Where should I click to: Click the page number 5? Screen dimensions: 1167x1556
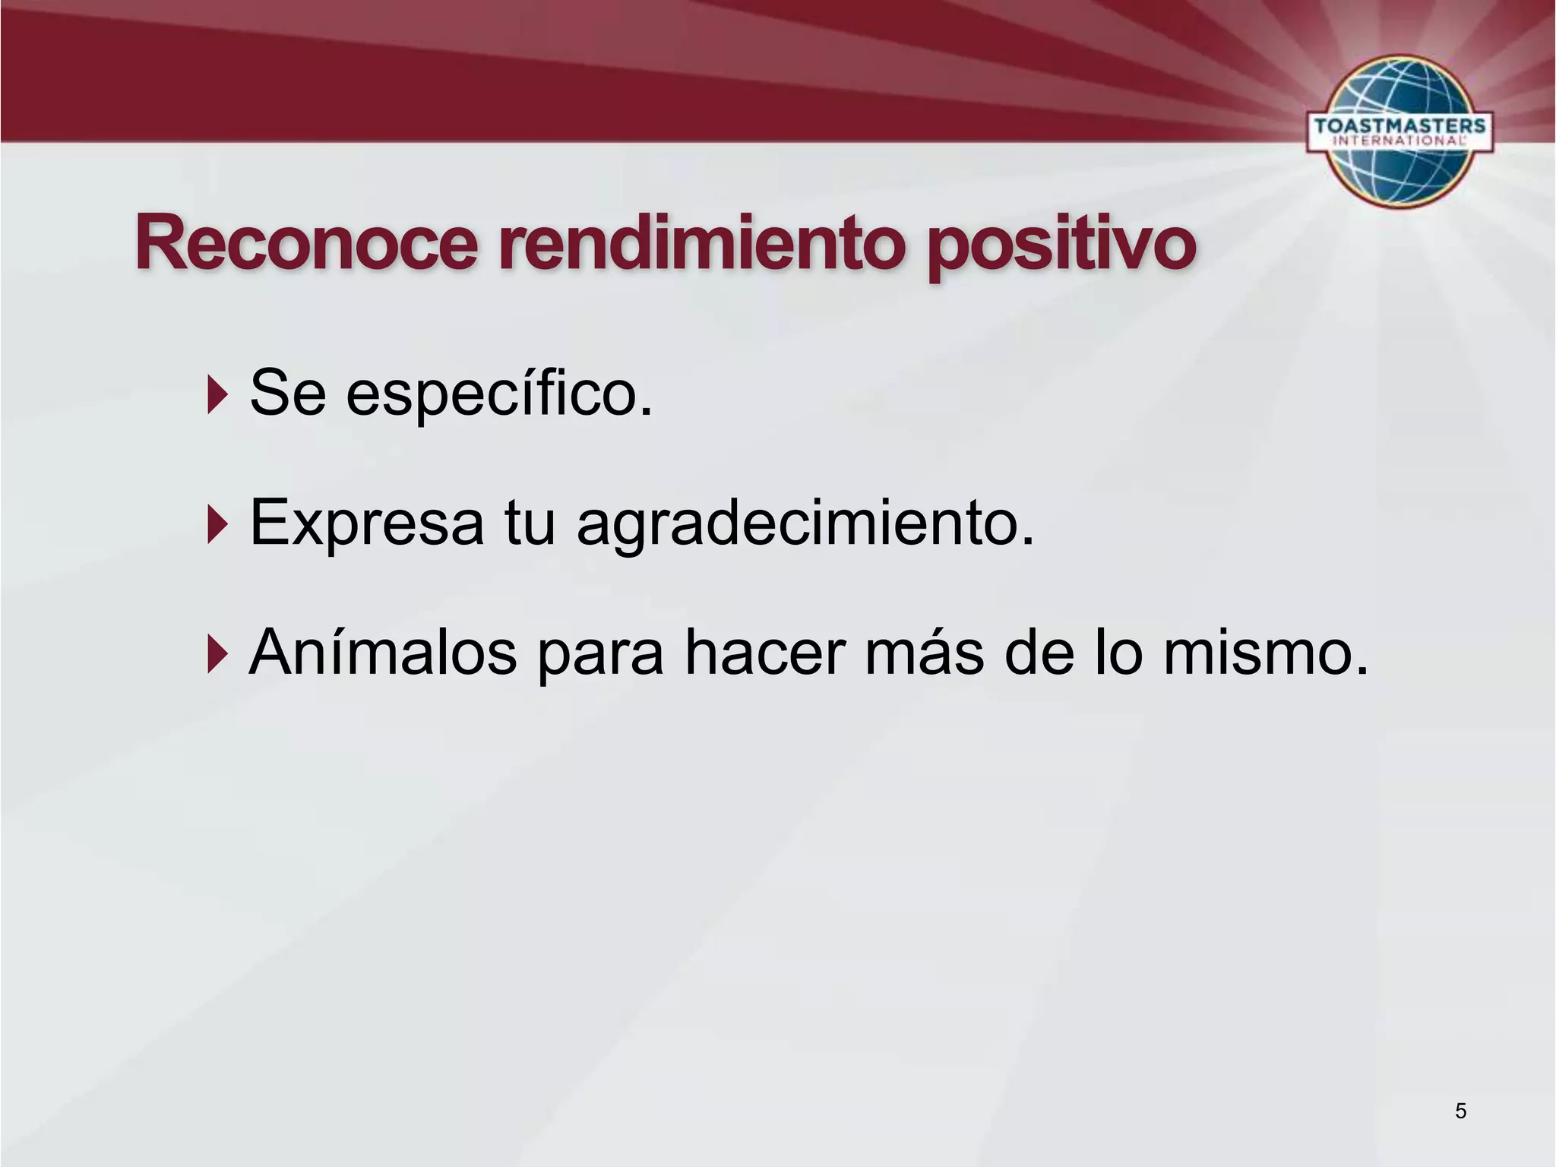(x=1460, y=1112)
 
